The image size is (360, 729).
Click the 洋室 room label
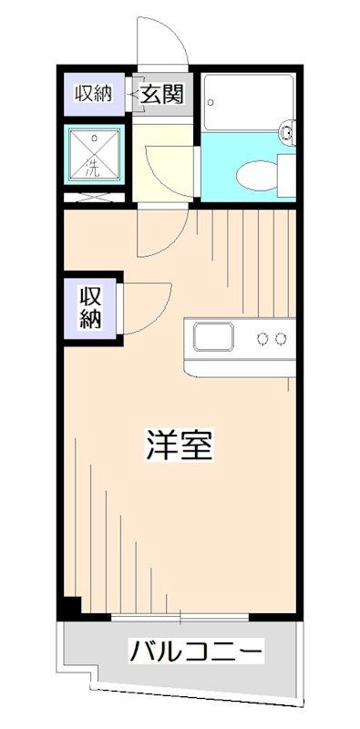tap(180, 447)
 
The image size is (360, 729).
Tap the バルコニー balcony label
tap(196, 652)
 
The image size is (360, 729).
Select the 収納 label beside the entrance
tap(93, 93)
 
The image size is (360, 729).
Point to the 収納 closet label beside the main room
tap(89, 308)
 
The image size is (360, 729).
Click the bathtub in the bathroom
tap(247, 102)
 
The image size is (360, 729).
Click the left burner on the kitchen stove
tap(263, 339)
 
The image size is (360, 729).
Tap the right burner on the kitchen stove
tap(282, 339)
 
